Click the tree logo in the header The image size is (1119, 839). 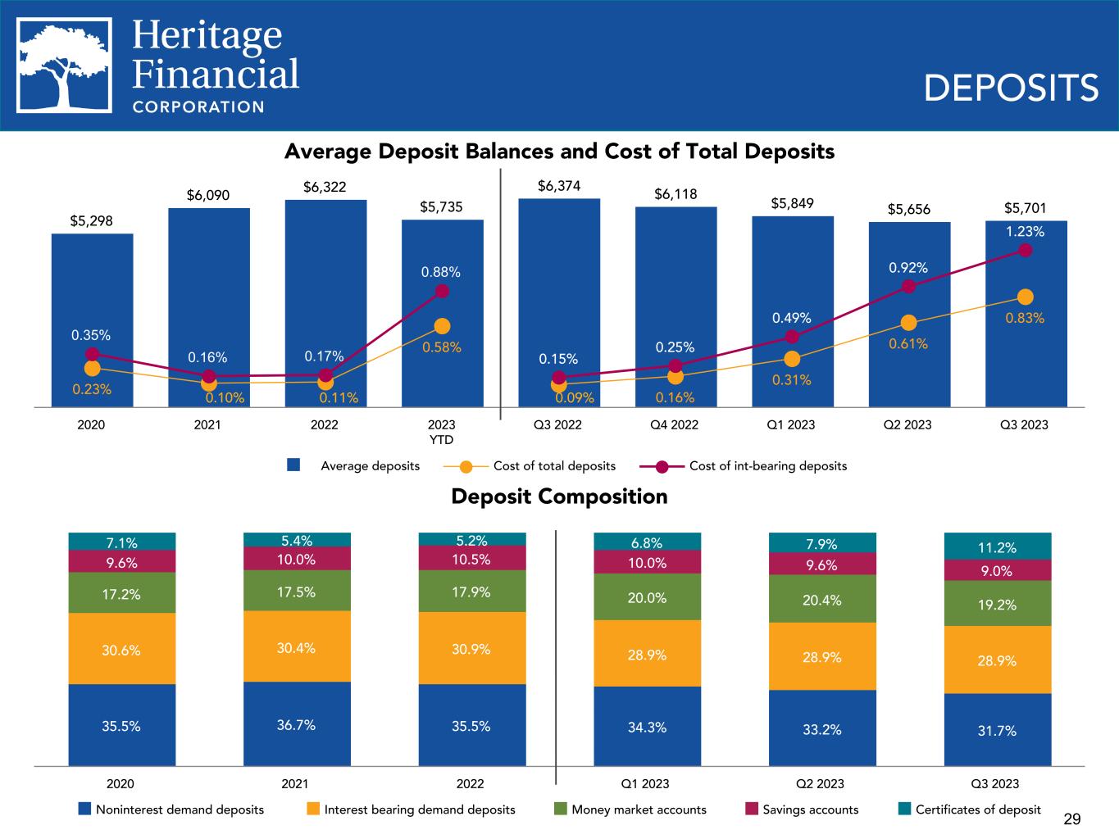65,66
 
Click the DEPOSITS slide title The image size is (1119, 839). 1010,88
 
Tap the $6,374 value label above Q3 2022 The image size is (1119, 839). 559,186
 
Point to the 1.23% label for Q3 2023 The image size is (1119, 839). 1025,232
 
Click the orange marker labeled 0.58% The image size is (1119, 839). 442,326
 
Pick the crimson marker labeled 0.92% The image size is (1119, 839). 908,286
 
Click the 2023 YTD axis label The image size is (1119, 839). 442,432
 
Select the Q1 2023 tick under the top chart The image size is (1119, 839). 791,425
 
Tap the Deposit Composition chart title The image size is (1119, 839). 559,497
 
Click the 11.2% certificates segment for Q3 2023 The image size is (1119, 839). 998,547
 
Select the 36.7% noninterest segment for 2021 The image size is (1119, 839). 297,724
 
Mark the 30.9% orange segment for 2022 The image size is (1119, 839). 471,649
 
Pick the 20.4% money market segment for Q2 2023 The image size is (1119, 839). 822,600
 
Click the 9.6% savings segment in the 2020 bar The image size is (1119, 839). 121,562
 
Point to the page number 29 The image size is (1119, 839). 1072,819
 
